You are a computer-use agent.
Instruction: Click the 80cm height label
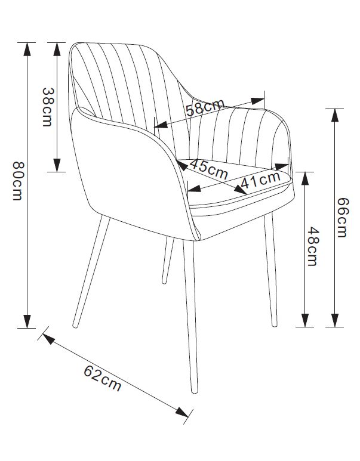[17, 181]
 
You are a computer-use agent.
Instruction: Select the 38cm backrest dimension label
[47, 107]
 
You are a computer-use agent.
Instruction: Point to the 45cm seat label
[210, 169]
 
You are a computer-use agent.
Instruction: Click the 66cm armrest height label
[341, 218]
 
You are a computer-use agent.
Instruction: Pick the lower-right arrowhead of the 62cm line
[183, 411]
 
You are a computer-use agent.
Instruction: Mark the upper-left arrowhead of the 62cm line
[47, 338]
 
